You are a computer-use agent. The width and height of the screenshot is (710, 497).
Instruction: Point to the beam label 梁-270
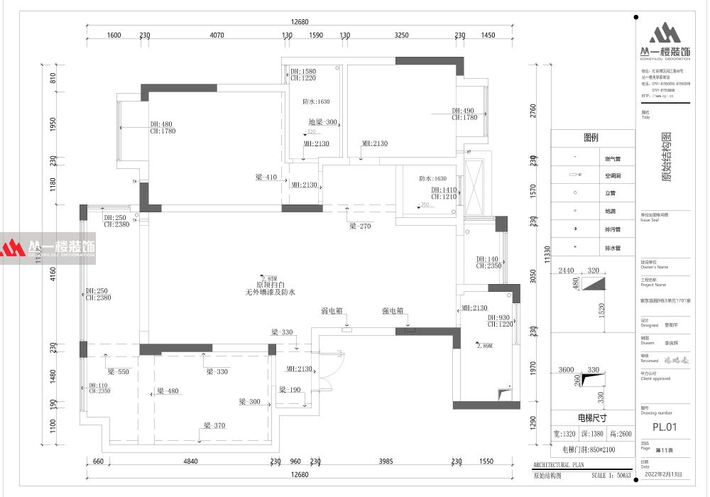(x=361, y=226)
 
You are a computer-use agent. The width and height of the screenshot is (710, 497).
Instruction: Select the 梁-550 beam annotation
(x=118, y=371)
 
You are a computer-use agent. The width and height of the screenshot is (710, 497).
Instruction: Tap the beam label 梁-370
(x=214, y=425)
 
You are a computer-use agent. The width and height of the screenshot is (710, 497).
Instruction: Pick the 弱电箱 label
(x=332, y=311)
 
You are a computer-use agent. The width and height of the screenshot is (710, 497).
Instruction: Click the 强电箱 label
(x=393, y=311)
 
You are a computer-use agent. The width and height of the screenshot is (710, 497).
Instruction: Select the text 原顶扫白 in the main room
(x=270, y=284)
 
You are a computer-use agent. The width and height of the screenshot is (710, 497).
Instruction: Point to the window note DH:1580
(x=303, y=71)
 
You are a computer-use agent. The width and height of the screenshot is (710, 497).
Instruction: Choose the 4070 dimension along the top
(x=217, y=35)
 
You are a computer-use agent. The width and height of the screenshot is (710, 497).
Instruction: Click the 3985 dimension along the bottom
(x=386, y=461)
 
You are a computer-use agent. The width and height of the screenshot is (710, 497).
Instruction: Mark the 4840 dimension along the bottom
(x=190, y=461)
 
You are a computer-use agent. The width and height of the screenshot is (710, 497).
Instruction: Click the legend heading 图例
(x=591, y=138)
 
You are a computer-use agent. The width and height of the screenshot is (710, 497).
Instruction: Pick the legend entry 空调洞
(x=613, y=175)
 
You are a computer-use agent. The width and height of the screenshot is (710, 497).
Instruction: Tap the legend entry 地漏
(x=610, y=211)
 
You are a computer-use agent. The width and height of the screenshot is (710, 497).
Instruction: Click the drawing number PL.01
(x=665, y=427)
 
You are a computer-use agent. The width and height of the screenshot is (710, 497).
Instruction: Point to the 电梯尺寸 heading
(x=592, y=418)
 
